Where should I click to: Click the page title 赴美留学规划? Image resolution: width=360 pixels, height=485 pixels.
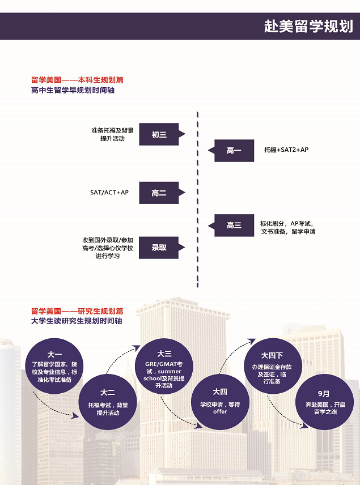pos(308,27)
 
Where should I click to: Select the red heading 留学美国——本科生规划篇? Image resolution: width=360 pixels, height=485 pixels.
pos(77,80)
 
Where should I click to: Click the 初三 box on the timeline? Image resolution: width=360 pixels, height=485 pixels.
pos(159,134)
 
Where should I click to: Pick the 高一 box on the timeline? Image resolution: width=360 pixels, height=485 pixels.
pos(234,151)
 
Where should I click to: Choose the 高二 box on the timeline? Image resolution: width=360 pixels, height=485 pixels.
pos(159,193)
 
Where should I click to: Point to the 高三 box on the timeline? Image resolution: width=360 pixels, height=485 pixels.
pos(234,226)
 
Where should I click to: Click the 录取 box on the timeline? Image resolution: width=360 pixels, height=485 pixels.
pos(159,248)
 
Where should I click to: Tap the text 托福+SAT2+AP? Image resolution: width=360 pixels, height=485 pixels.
pos(286,150)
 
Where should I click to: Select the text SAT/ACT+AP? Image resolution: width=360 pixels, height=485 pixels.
pos(109,193)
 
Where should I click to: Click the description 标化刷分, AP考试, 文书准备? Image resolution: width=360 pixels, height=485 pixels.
pos(287,227)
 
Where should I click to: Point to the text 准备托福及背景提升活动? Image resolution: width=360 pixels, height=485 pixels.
pos(112,134)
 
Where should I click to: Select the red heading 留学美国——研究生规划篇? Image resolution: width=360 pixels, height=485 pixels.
pos(77,311)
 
